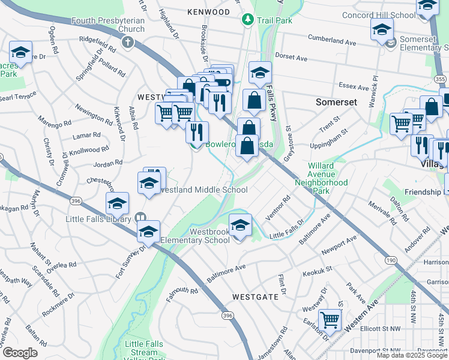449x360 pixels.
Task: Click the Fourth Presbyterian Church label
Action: tap(108, 25)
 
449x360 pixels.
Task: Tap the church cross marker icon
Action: tap(127, 42)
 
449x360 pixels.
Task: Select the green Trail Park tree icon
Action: tap(247, 20)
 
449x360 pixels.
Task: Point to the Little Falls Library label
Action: tap(98, 219)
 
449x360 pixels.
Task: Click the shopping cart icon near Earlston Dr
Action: tap(330, 320)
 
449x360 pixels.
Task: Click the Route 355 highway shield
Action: tap(440, 79)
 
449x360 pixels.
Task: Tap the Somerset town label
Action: tap(337, 102)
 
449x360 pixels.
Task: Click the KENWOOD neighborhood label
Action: tap(208, 11)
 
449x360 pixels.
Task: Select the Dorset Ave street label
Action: tap(292, 59)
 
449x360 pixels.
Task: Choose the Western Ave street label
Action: tap(369, 316)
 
